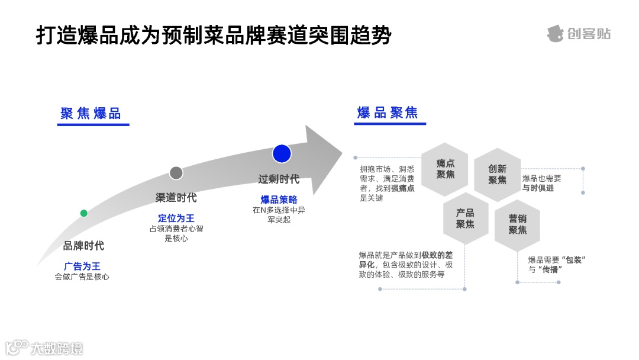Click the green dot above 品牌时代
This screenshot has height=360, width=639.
coord(83,213)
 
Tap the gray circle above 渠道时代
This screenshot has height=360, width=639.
coord(176,173)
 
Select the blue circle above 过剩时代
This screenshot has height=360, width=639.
coord(282,153)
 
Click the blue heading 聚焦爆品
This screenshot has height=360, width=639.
coord(91,114)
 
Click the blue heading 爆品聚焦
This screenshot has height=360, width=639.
coord(388,112)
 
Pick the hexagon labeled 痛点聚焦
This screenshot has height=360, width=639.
coord(445,169)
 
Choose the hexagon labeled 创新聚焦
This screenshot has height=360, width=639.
coord(497,175)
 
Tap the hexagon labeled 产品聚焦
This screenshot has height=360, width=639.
coord(466,218)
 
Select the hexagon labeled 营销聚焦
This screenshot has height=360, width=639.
coord(517,224)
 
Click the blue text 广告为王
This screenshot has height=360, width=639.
coord(82,266)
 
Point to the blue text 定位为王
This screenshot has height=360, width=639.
coord(176,218)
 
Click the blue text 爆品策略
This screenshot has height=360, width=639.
coord(279,200)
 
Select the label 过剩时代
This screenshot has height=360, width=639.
coord(279,179)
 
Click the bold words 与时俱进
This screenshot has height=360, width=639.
coord(538,188)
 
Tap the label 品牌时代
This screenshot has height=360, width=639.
coord(83,246)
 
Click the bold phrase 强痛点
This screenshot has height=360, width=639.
coord(402,188)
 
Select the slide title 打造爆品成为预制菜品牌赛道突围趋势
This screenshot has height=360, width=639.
coord(213,35)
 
